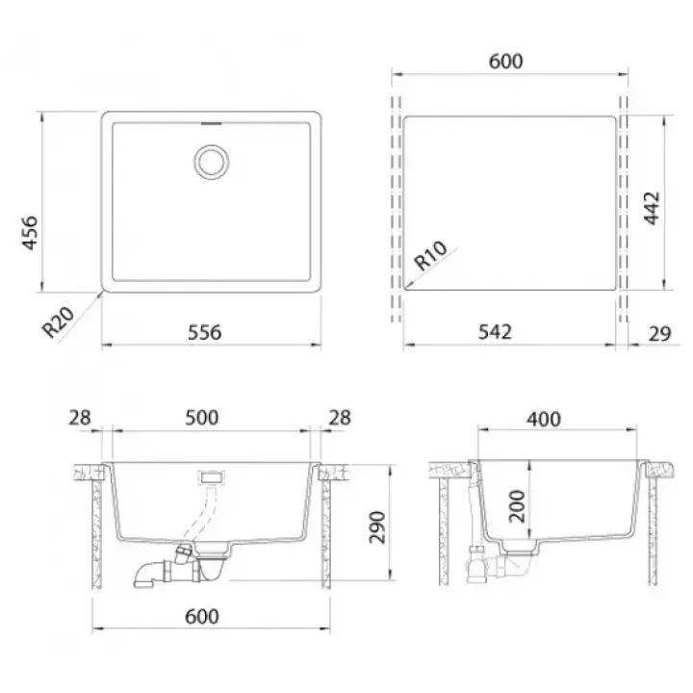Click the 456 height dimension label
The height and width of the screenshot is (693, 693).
[31, 233]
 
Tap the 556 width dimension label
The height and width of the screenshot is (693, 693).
[205, 332]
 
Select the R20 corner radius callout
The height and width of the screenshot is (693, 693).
[59, 321]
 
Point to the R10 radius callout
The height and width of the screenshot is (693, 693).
[430, 255]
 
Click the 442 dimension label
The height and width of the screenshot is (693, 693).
[652, 208]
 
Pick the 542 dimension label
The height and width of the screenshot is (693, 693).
[495, 332]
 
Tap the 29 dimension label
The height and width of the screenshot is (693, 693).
[660, 334]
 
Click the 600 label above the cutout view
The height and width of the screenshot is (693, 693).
[506, 61]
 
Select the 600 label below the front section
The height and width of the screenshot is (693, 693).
[202, 617]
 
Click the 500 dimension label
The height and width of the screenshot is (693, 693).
[201, 418]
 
